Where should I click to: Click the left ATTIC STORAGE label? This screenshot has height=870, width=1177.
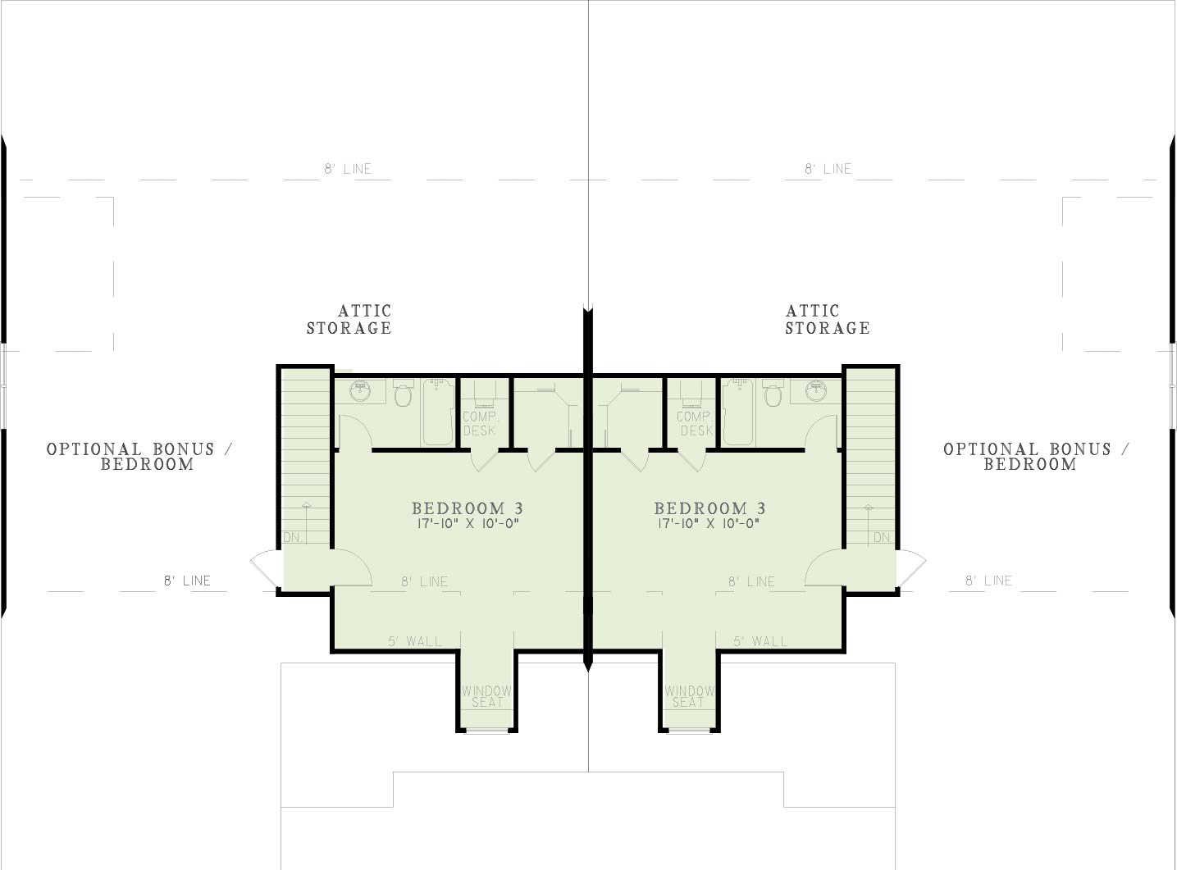(x=349, y=319)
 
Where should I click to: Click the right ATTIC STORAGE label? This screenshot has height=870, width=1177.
(x=828, y=319)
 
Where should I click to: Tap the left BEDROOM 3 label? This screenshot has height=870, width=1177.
(x=468, y=508)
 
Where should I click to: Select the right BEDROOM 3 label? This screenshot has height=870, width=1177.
(x=710, y=508)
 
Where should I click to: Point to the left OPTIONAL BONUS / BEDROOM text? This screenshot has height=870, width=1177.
(x=139, y=457)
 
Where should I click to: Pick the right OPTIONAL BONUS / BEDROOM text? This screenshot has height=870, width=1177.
(x=1037, y=457)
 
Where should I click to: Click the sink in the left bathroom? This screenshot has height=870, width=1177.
(x=360, y=391)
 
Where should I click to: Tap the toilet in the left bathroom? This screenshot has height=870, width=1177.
(x=404, y=393)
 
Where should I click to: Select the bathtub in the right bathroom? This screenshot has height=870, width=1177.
(x=737, y=412)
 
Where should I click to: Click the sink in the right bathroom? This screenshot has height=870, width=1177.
(x=816, y=391)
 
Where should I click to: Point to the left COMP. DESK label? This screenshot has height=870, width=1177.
(x=481, y=423)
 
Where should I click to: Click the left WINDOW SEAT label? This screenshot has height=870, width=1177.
(x=486, y=696)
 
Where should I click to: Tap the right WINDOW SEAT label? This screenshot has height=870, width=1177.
(x=689, y=696)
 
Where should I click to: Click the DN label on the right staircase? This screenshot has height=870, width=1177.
(x=882, y=537)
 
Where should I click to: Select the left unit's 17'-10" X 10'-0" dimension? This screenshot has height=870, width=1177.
(x=468, y=524)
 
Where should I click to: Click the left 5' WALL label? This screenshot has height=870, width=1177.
(x=415, y=641)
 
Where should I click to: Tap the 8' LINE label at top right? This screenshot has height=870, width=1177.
(x=828, y=169)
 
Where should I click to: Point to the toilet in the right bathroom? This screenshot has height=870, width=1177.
(x=773, y=393)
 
